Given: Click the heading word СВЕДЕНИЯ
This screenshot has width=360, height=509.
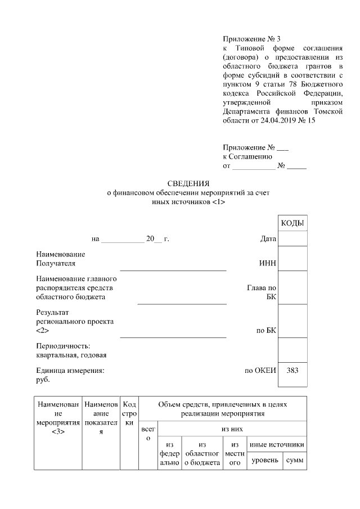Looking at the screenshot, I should point(188,183).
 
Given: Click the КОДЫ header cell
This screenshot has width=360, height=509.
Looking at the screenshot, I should point(292,223).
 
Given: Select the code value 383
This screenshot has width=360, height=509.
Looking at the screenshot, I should point(292,371).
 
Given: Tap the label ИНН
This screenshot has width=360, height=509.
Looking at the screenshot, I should point(267,263).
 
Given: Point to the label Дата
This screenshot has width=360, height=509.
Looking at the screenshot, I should point(268,239).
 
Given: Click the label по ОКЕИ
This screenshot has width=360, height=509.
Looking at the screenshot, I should point(260,371).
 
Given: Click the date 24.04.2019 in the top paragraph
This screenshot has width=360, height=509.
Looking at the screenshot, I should point(277,120).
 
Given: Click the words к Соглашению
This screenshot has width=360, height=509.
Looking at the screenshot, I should point(247,157).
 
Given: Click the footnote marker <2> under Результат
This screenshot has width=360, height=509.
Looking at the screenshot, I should point(43,331).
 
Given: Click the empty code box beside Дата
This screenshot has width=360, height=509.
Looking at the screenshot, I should point(292,239).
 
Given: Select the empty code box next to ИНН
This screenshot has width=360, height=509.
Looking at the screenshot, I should point(292,259).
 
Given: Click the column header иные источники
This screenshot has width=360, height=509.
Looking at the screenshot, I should point(277,445).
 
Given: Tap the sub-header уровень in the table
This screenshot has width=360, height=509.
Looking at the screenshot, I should point(264,461).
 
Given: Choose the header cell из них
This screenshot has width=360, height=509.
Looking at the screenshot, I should point(232,429).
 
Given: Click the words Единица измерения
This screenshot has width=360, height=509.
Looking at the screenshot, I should point(70,371).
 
